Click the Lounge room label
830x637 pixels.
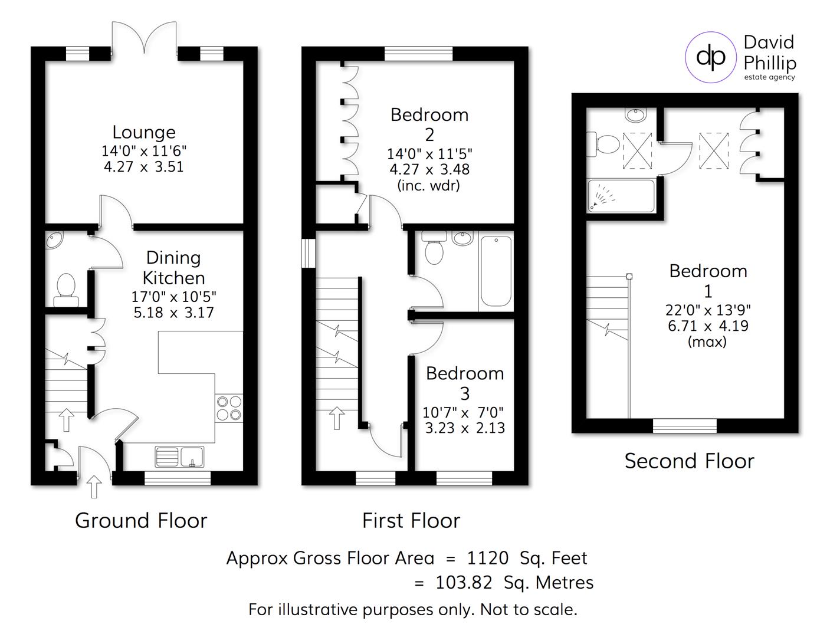144,132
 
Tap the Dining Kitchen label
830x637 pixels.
173,268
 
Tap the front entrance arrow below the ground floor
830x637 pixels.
94,486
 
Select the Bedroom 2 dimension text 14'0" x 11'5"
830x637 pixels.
429,154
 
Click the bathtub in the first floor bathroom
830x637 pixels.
496,271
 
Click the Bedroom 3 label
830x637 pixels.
465,383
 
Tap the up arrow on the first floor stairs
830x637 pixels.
337,418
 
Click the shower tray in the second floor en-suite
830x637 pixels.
621,196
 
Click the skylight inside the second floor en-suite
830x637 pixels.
637,151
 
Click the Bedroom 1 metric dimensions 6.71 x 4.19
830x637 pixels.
708,326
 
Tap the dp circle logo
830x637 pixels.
711,57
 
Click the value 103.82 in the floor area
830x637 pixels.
464,583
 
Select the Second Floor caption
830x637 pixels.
689,461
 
